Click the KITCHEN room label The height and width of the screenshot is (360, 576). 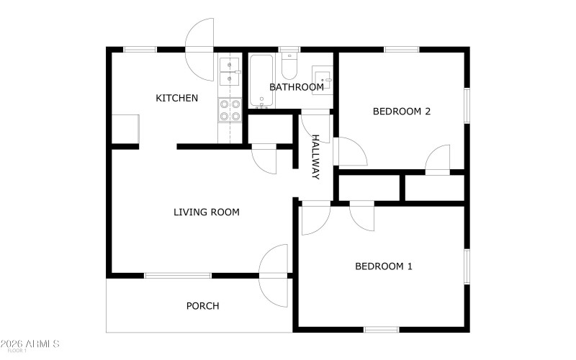pyautogui.click(x=176, y=98)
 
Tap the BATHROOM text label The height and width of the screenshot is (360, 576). pyautogui.click(x=296, y=87)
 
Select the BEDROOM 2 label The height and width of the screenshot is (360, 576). pyautogui.click(x=401, y=111)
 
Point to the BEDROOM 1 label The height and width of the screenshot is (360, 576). pyautogui.click(x=383, y=266)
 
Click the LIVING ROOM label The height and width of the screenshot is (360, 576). pyautogui.click(x=206, y=212)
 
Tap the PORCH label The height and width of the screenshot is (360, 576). pyautogui.click(x=202, y=305)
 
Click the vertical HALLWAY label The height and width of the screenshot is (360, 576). pyautogui.click(x=315, y=156)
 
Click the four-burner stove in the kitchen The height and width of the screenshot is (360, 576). pyautogui.click(x=230, y=109)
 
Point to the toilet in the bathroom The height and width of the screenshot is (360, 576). pyautogui.click(x=289, y=66)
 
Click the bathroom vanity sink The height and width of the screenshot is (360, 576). pyautogui.click(x=322, y=76)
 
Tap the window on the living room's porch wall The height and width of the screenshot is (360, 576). pyautogui.click(x=178, y=275)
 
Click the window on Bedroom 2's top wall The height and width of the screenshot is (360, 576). pyautogui.click(x=401, y=50)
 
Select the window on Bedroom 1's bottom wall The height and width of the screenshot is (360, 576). pyautogui.click(x=381, y=330)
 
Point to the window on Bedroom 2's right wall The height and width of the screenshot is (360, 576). pyautogui.click(x=467, y=105)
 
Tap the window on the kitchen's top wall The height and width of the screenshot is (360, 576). pyautogui.click(x=140, y=50)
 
